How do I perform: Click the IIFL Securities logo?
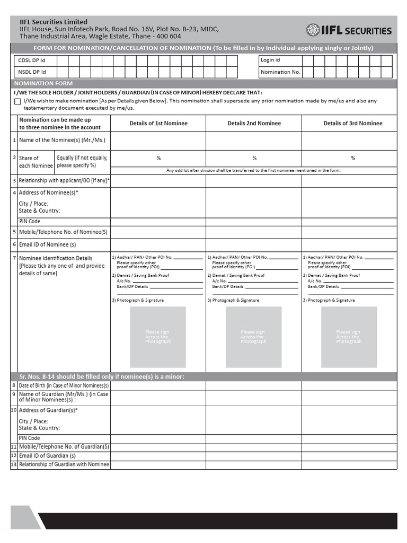[349, 30]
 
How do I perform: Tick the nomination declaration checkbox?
[18, 101]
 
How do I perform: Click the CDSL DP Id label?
[32, 60]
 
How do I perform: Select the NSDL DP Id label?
[32, 72]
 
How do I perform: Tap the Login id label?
[270, 60]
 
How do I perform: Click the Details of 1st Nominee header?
[158, 124]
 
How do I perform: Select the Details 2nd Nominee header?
[254, 124]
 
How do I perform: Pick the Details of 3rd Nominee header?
[352, 124]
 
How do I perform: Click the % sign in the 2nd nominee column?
[254, 158]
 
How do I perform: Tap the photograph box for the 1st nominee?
[158, 337]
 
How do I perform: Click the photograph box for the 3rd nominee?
[349, 337]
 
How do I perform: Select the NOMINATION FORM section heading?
[43, 84]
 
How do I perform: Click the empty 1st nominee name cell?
[158, 141]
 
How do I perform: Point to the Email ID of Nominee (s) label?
[48, 244]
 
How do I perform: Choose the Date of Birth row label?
[64, 386]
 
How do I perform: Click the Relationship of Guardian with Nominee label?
[64, 465]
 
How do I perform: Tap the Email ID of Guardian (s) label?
[48, 456]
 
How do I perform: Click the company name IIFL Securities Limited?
[54, 22]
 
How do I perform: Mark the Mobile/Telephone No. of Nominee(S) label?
[63, 232]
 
